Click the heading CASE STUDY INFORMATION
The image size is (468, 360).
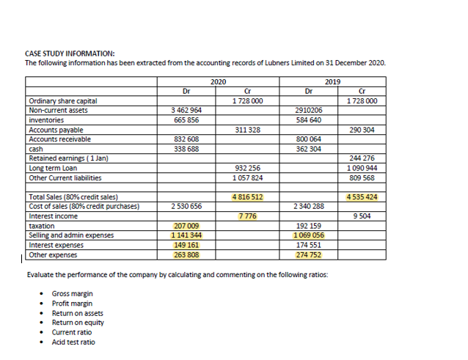[70, 54]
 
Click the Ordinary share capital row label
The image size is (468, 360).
[62, 101]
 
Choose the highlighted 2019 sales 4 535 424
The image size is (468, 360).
[364, 196]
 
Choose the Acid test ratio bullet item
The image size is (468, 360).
[73, 342]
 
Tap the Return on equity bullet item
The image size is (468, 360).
[78, 323]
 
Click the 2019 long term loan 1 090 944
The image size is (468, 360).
[363, 168]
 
